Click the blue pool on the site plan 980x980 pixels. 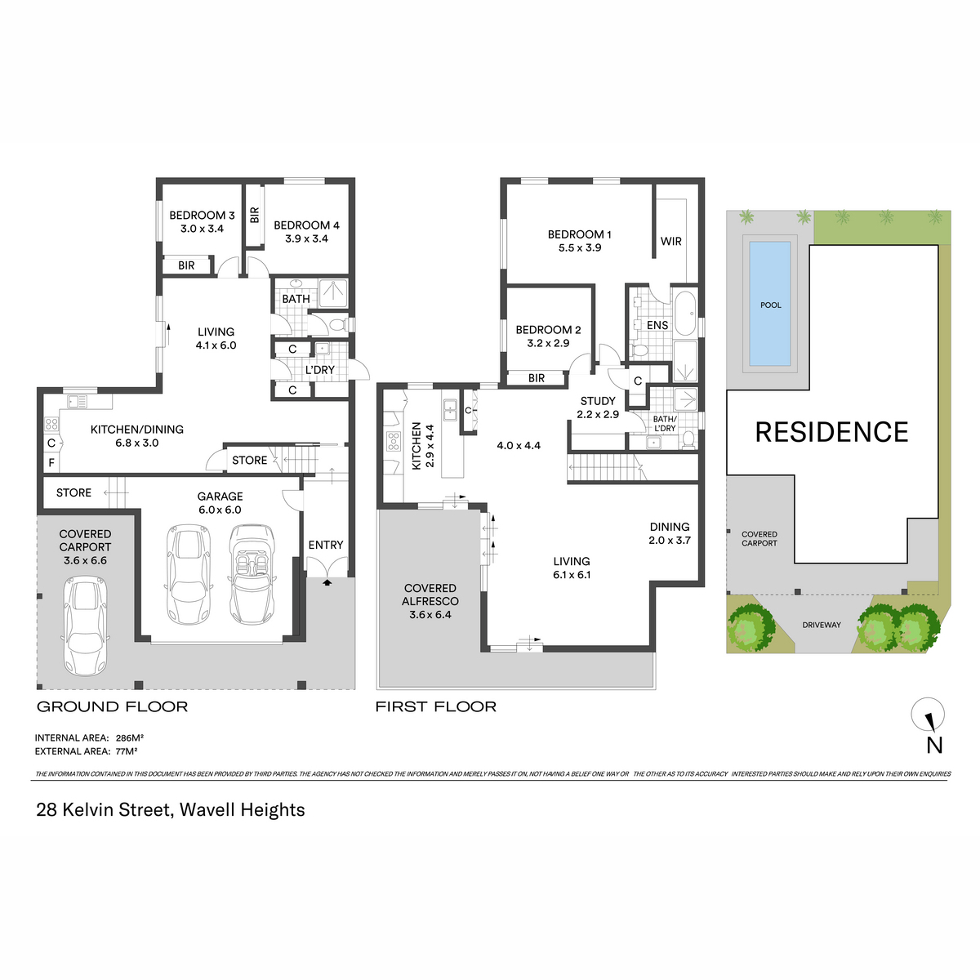pos(769,304)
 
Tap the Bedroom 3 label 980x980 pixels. pos(202,215)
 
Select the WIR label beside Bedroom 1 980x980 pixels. pos(670,241)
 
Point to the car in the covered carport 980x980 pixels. pos(85,626)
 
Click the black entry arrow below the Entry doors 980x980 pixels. pos(327,582)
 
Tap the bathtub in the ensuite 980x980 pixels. pos(685,313)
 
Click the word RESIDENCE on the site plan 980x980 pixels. pos(831,432)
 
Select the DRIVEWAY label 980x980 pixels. pos(822,625)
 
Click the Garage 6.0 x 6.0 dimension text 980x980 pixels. pos(220,510)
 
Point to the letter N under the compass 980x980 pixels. pos(934,745)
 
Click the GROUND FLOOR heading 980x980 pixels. pos(113,706)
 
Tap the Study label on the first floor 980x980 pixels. pos(598,401)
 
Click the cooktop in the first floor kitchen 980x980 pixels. pos(394,442)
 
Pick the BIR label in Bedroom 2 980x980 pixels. pos(536,378)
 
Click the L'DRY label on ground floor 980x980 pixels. pos(319,370)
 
